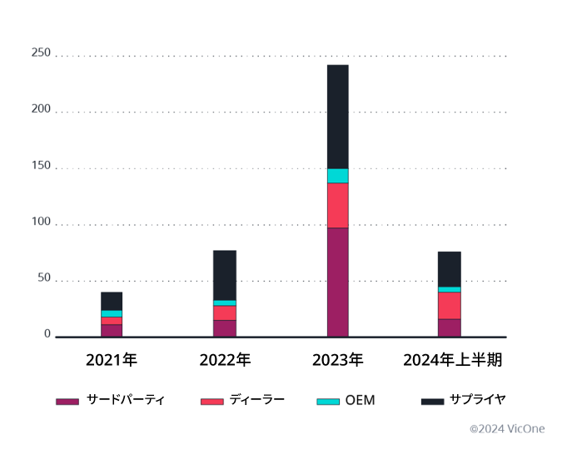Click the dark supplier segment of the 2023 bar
tap(337, 117)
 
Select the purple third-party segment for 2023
tap(337, 282)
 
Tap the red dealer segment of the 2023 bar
tap(337, 205)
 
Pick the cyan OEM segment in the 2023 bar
tap(337, 176)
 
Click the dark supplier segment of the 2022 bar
tap(225, 275)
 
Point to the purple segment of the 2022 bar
tap(225, 328)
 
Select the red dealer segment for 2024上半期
tap(450, 306)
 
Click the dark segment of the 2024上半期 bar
tap(450, 269)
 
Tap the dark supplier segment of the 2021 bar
tap(112, 301)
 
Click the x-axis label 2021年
tap(112, 361)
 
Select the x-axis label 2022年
tap(225, 361)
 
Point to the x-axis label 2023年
tap(337, 361)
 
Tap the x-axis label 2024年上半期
tap(453, 361)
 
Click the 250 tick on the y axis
tap(41, 53)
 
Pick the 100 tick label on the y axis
tap(41, 223)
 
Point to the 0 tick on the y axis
tap(47, 335)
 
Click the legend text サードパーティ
tap(126, 400)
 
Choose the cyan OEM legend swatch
tap(329, 402)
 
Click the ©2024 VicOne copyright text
tap(506, 429)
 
